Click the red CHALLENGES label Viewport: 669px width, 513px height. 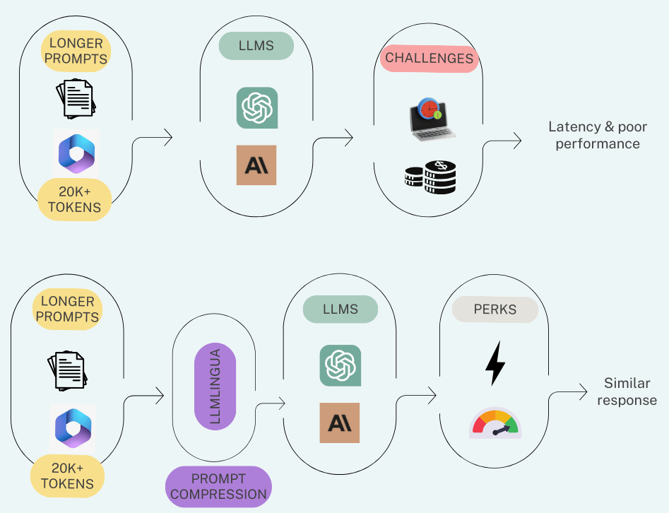tap(429, 58)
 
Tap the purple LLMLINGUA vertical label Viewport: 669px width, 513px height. tap(215, 386)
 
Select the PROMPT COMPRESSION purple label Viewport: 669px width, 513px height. tap(218, 487)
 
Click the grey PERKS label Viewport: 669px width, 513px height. tap(495, 309)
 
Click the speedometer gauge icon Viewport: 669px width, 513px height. tap(495, 423)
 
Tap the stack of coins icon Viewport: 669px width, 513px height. tap(430, 177)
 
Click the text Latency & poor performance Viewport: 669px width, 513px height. tap(597, 135)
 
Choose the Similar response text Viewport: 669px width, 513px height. tap(627, 391)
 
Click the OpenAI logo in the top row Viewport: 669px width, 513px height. tap(256, 108)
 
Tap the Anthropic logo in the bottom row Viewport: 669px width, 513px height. tap(339, 423)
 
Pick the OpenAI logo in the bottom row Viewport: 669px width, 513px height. tap(340, 365)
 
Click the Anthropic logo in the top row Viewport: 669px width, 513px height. tap(256, 165)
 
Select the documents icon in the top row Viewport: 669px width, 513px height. tap(76, 98)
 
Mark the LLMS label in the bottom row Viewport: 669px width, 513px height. tap(341, 309)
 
